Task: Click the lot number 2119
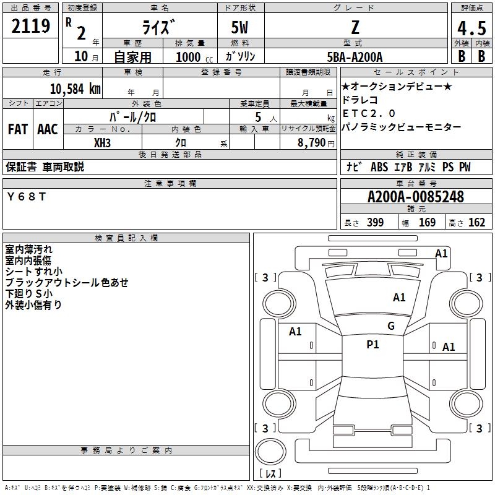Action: tap(32, 27)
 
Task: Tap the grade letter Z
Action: tap(355, 27)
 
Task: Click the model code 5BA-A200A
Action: tap(355, 57)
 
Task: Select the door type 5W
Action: tap(240, 27)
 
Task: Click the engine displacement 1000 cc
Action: tap(189, 57)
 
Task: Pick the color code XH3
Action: tap(103, 142)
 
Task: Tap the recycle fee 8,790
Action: tap(310, 143)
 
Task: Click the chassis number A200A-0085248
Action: tap(415, 197)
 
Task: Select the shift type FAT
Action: tap(18, 129)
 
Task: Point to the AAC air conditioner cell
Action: tap(48, 129)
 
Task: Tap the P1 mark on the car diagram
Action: tap(372, 345)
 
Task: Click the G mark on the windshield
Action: tap(390, 326)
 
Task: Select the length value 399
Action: tap(375, 223)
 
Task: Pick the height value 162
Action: tap(476, 223)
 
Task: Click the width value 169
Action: tap(427, 223)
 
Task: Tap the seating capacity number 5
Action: tap(257, 117)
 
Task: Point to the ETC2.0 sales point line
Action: tap(369, 113)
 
